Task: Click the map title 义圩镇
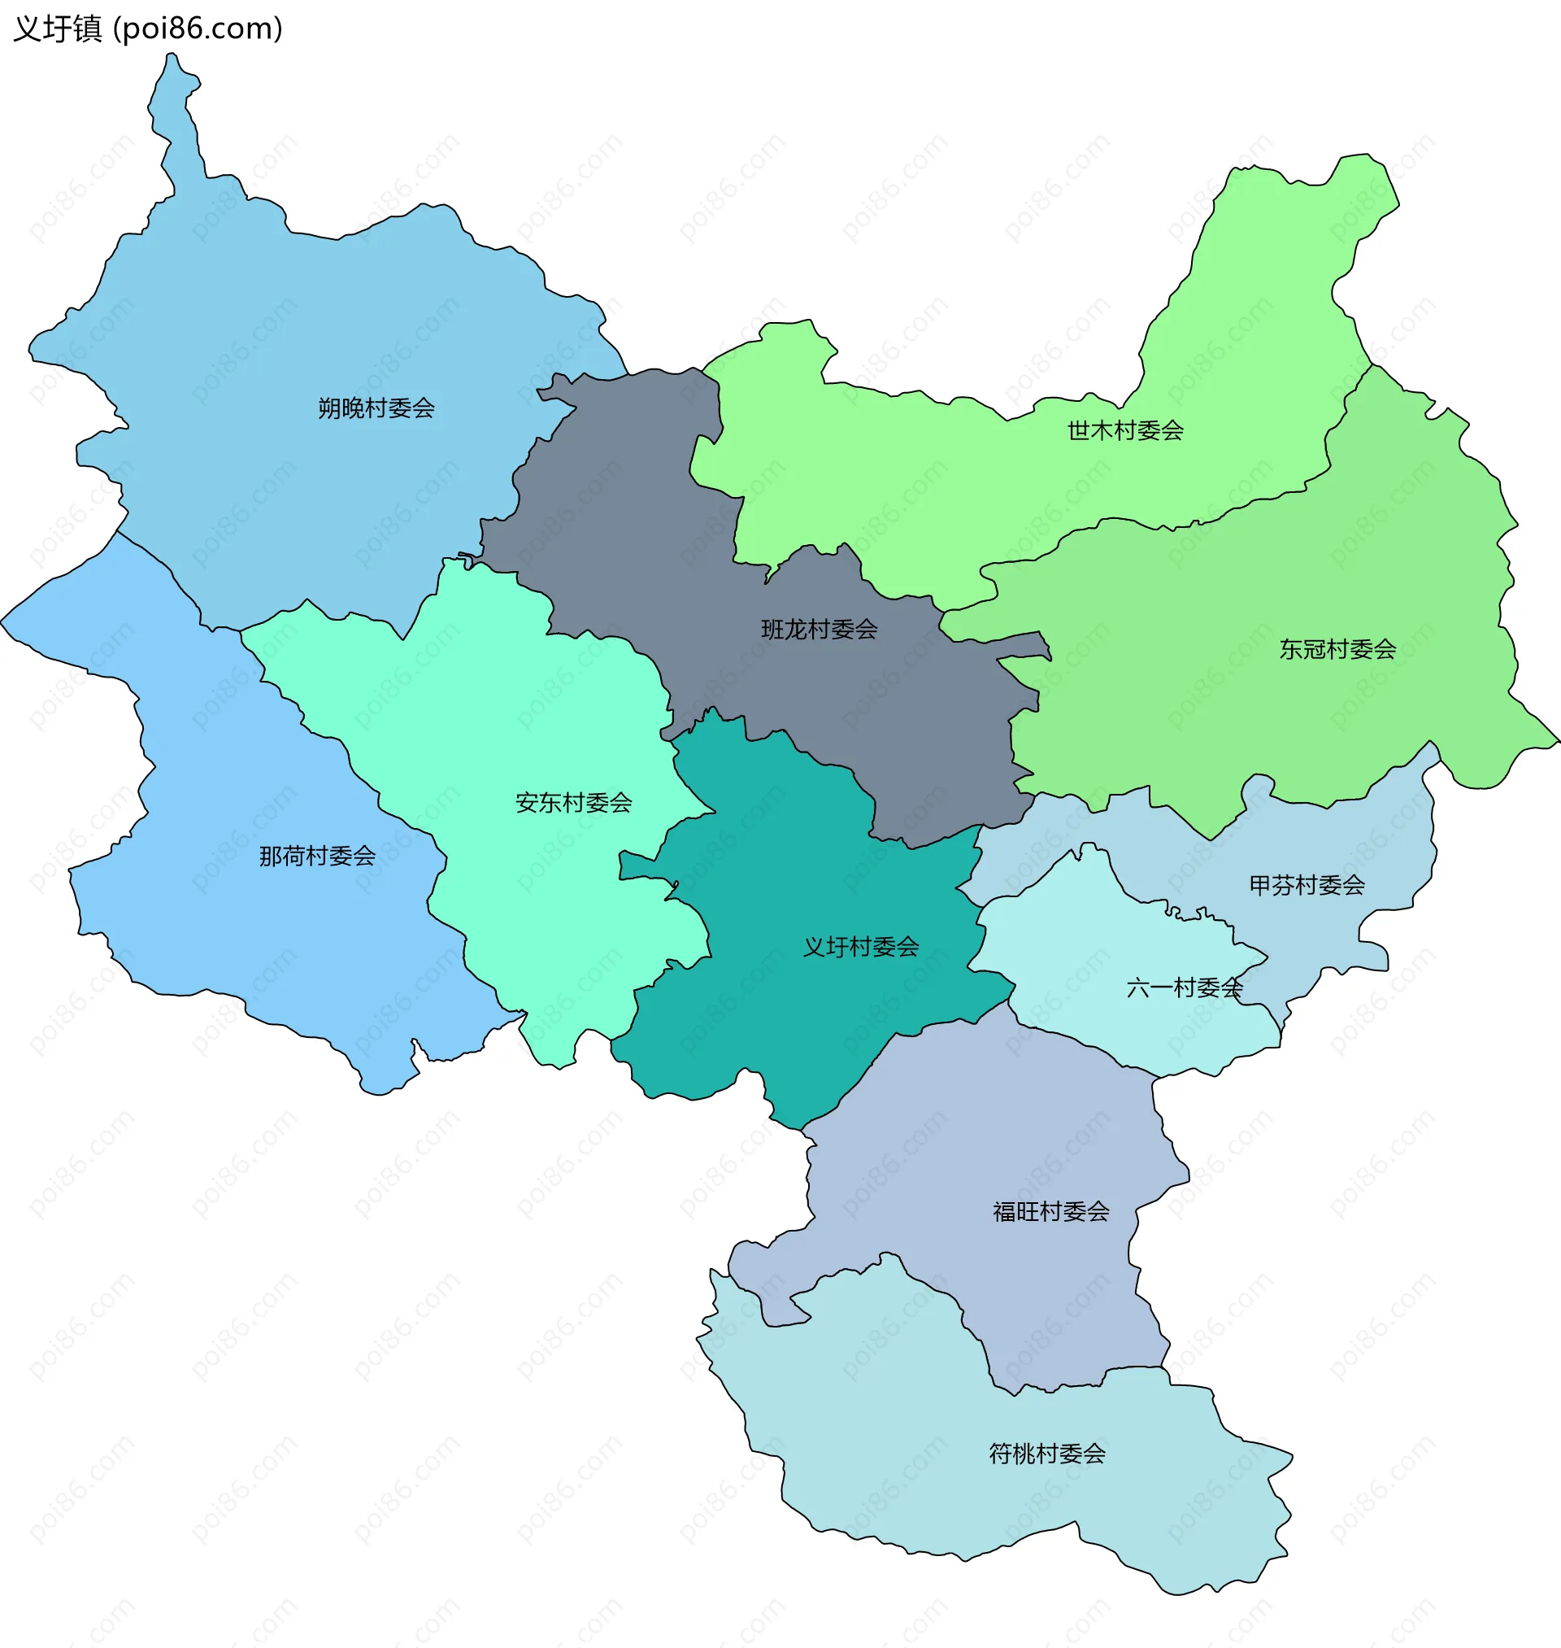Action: (57, 29)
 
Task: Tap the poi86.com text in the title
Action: (198, 29)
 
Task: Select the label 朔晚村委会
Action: (376, 408)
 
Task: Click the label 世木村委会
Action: (1125, 430)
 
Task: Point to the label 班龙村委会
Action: (819, 630)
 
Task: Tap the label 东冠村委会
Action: (1337, 649)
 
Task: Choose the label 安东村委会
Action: (573, 802)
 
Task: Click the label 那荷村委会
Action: (317, 856)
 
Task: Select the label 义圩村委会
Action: (860, 946)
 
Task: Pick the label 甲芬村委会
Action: (1307, 885)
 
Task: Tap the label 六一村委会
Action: (1183, 988)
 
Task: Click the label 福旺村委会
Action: (1051, 1211)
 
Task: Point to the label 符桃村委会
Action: (1047, 1454)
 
